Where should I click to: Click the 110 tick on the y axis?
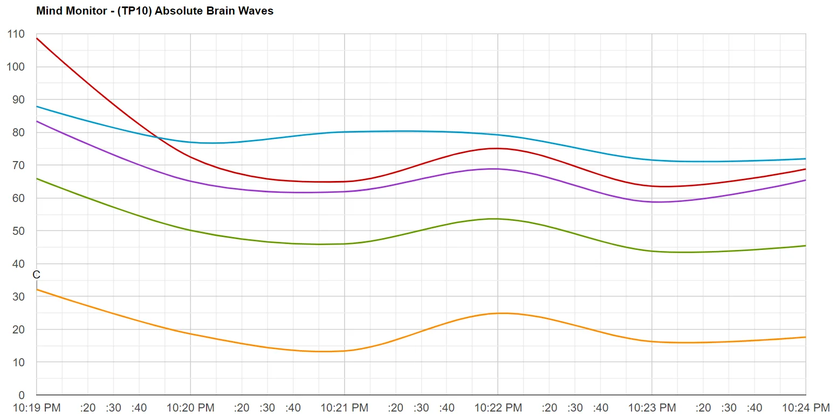click(16, 34)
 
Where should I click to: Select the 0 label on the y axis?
click(21, 395)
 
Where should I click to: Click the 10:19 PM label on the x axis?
click(37, 408)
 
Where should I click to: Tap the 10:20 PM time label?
click(190, 408)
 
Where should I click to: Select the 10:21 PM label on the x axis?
click(345, 408)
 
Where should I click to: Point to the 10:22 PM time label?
click(498, 408)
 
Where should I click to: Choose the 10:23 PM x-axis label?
click(652, 408)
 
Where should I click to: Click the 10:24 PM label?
click(806, 408)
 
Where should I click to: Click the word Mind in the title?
click(49, 11)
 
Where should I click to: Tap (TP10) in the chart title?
click(134, 11)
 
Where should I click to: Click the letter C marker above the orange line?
click(36, 275)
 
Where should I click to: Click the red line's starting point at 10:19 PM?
click(37, 38)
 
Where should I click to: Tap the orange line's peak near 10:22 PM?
click(503, 313)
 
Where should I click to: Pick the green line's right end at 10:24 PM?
click(806, 246)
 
